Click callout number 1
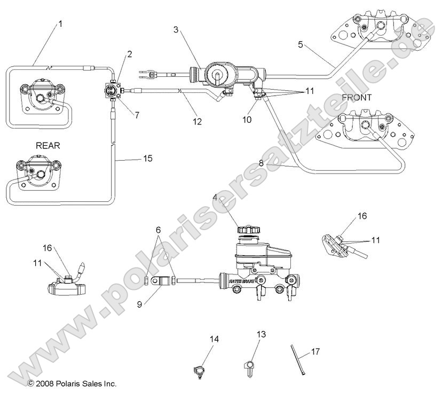pyautogui.click(x=60, y=23)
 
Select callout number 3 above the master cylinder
pyautogui.click(x=176, y=29)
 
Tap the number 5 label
pyautogui.click(x=301, y=45)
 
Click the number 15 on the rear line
pyautogui.click(x=147, y=159)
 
